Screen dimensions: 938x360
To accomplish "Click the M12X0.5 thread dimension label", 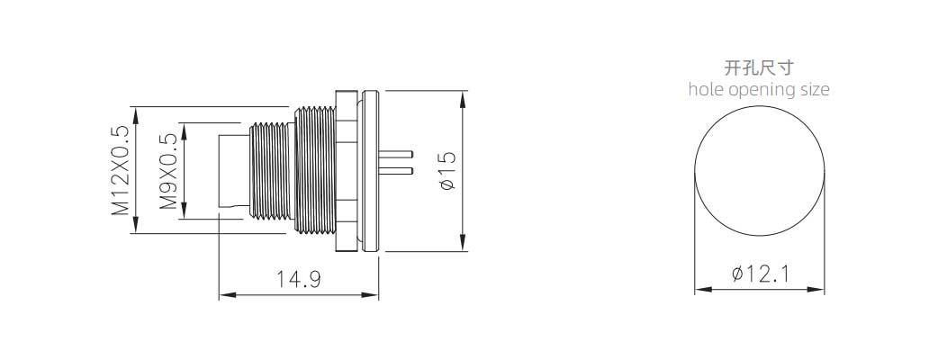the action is click(x=119, y=170).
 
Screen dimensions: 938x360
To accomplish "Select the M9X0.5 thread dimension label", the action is click(x=168, y=171).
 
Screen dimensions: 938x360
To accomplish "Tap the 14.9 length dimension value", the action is click(x=299, y=279).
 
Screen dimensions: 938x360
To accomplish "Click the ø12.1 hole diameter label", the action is click(x=760, y=274).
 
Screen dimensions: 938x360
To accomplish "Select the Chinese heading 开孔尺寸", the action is click(x=759, y=67).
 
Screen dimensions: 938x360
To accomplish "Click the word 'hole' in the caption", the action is click(x=707, y=90).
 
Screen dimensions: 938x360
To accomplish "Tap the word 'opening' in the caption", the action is click(x=762, y=91).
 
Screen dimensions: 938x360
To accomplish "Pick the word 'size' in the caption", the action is click(x=815, y=90).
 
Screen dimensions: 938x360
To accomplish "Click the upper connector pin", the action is click(x=395, y=153).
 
